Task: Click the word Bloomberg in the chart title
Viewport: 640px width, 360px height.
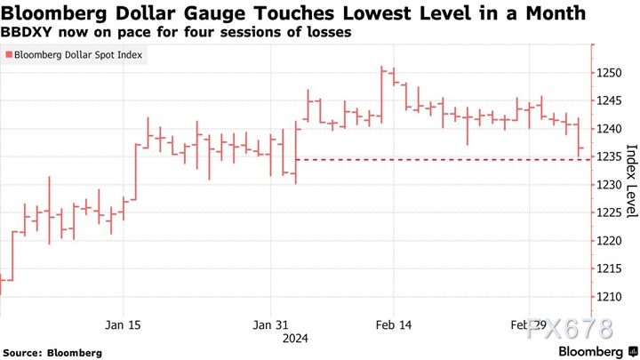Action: click(x=56, y=13)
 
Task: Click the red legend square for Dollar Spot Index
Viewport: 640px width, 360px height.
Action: click(x=9, y=55)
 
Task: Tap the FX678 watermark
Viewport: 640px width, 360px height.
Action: click(x=570, y=329)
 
